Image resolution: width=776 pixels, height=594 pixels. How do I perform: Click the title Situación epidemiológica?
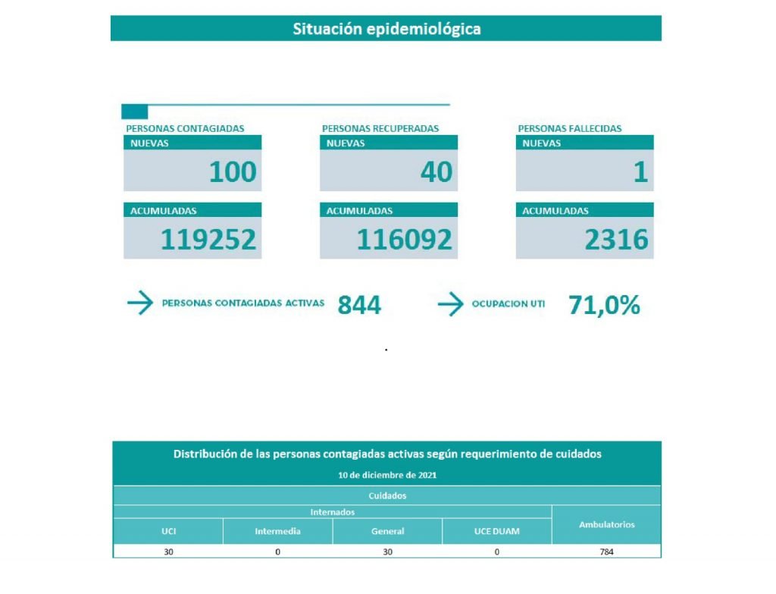[x=386, y=29]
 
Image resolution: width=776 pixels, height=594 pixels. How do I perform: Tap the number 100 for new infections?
[x=233, y=172]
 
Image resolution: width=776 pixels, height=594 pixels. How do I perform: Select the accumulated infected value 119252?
[x=208, y=240]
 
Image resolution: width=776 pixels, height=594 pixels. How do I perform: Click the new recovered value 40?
[x=436, y=172]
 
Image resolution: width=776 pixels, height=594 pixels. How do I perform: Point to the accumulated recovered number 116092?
[x=405, y=240]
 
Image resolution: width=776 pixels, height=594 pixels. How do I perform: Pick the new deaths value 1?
[x=640, y=172]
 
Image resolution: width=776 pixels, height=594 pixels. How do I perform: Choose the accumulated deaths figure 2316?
[x=617, y=240]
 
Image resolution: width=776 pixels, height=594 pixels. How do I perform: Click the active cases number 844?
[x=359, y=305]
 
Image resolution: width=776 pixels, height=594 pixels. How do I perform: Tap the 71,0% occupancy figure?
[x=604, y=305]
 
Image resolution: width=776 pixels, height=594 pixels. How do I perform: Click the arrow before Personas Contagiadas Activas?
[x=140, y=303]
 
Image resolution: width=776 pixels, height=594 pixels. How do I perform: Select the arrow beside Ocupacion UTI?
[x=451, y=305]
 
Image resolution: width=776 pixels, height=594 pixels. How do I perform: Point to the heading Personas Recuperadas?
[x=380, y=128]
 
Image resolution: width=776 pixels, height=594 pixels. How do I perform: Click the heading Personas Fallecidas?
[x=569, y=128]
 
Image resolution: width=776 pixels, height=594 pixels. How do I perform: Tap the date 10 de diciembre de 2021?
[x=387, y=476]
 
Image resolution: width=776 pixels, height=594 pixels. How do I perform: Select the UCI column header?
[x=168, y=531]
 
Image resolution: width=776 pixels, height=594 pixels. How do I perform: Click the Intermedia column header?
[x=277, y=531]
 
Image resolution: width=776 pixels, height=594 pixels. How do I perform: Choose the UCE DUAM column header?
[x=496, y=531]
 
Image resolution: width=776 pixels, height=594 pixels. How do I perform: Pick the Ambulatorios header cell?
[x=606, y=524]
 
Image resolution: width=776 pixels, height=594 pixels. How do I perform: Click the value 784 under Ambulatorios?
[x=606, y=552]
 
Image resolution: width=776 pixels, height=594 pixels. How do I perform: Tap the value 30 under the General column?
[x=387, y=552]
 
